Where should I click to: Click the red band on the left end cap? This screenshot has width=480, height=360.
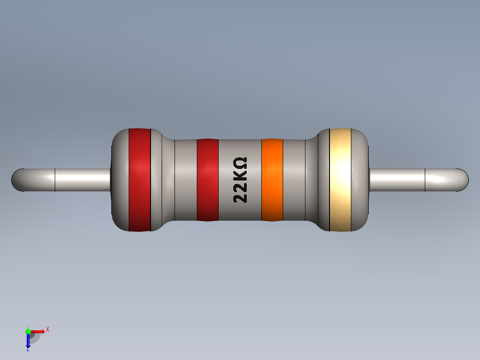pyautogui.click(x=139, y=180)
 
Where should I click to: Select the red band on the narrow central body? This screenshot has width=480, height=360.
pyautogui.click(x=207, y=180)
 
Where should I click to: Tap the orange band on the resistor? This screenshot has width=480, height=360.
pyautogui.click(x=272, y=180)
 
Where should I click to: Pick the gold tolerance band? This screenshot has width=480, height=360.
pyautogui.click(x=340, y=180)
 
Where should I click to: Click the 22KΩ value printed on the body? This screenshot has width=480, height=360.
pyautogui.click(x=240, y=180)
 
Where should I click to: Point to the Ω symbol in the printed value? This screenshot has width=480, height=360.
pyautogui.click(x=240, y=162)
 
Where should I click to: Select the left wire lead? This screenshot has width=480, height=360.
pyautogui.click(x=67, y=180)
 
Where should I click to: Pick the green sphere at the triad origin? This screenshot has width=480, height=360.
pyautogui.click(x=28, y=331)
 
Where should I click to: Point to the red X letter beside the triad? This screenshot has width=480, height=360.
pyautogui.click(x=47, y=329)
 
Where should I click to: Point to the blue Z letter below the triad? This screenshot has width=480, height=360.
pyautogui.click(x=28, y=349)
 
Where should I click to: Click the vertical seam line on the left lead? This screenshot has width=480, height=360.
pyautogui.click(x=55, y=180)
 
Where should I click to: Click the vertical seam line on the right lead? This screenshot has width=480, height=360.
pyautogui.click(x=425, y=180)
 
